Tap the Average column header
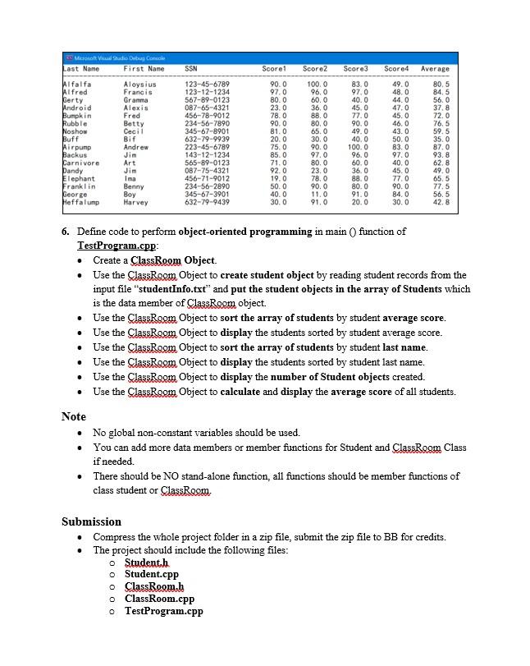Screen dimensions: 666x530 point(435,69)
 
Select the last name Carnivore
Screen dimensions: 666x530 point(81,163)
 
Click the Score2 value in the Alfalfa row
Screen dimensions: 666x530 point(317,84)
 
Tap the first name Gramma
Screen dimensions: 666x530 point(135,99)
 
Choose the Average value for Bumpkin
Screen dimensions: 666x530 point(441,116)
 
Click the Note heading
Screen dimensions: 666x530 point(74,416)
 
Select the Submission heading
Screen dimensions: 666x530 point(91,521)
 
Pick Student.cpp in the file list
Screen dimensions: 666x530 point(151,574)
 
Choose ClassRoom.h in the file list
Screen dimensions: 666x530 point(153,586)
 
